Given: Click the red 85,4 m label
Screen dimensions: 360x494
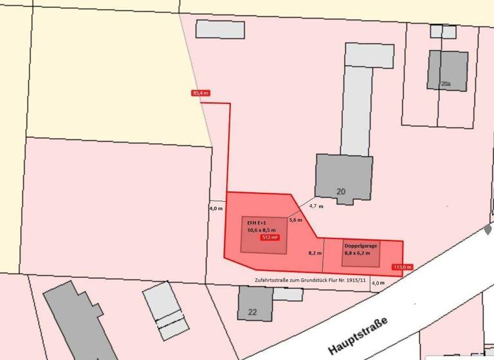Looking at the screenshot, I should tap(201, 93).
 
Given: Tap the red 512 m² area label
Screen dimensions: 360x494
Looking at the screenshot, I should tap(269, 238).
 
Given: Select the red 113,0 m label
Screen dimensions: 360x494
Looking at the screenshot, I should tap(403, 266).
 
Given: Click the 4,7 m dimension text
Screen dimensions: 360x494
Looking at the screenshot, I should tap(316, 206).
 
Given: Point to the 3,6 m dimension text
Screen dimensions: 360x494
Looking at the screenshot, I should tap(295, 220).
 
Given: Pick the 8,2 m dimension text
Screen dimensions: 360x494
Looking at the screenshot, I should tap(315, 253).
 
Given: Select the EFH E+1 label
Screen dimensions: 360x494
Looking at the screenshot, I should tap(255, 222).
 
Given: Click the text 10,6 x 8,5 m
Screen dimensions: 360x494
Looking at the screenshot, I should tap(262, 230).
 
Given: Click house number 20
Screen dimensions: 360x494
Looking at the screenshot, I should tap(341, 191).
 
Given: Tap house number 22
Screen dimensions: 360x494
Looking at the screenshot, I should tap(253, 312).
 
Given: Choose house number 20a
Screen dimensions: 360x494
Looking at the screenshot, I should tap(446, 84).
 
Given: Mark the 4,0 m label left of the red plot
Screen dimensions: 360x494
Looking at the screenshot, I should tap(216, 209).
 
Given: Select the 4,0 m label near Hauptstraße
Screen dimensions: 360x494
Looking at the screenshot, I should tap(378, 282).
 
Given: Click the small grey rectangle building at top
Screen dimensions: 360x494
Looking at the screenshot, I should tap(220, 30).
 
